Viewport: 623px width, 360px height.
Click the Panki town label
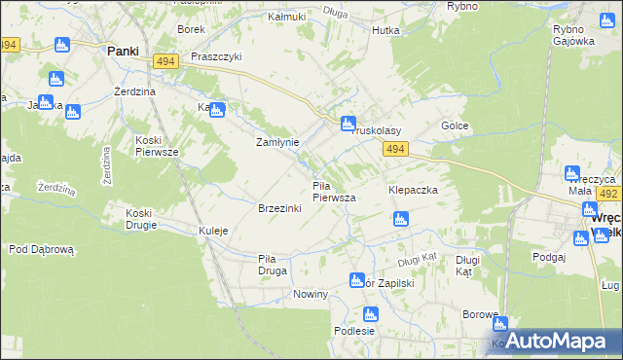click(122, 51)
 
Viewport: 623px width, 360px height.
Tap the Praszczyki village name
click(215, 57)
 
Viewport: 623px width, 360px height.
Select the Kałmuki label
click(286, 18)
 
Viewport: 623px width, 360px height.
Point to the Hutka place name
click(385, 30)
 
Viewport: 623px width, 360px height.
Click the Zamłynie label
click(276, 141)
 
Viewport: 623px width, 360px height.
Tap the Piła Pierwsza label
click(333, 191)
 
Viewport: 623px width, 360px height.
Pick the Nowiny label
click(309, 293)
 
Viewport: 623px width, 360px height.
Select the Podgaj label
click(549, 256)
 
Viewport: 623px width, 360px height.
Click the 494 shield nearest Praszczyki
click(163, 61)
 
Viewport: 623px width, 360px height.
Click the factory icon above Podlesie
click(370, 313)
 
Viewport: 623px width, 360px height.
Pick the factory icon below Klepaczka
click(399, 220)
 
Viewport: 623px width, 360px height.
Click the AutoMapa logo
click(556, 340)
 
